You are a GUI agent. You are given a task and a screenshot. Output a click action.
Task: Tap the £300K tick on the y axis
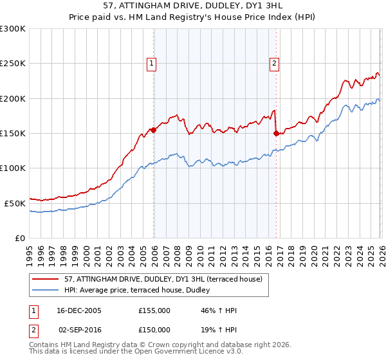coord(12,29)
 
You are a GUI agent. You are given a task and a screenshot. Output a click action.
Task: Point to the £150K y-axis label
coord(12,133)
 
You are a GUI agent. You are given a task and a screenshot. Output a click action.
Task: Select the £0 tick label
coord(21,238)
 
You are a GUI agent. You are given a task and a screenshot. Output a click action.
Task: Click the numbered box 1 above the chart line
coord(151,63)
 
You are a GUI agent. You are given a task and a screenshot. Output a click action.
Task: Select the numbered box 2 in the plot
coord(274,63)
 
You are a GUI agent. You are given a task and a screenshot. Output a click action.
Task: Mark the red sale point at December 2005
coord(154,130)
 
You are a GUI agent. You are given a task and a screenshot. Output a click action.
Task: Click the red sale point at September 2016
coord(276,134)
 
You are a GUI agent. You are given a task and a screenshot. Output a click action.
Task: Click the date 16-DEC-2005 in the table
coord(78,310)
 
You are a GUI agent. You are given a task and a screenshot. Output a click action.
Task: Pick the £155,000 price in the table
coord(154,310)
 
